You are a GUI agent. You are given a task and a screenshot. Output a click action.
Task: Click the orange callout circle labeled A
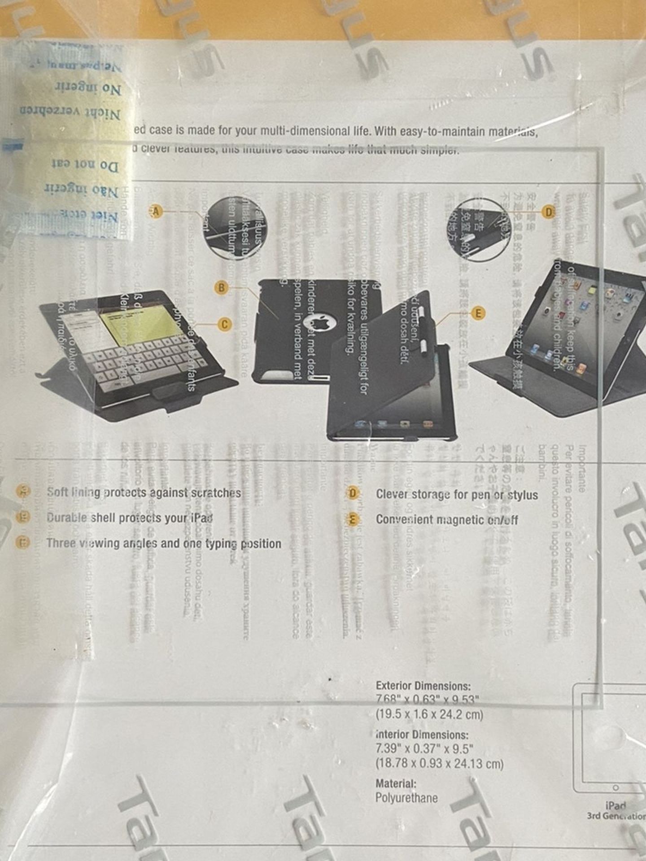tap(156, 211)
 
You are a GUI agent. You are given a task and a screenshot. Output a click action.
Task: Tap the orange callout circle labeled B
tap(221, 287)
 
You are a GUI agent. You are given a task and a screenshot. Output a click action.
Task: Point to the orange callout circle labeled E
tap(479, 313)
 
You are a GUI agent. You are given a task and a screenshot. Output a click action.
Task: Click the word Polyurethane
tap(406, 798)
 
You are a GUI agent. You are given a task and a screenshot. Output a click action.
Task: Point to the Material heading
tap(396, 783)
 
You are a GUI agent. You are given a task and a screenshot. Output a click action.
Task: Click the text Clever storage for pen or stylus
tap(457, 495)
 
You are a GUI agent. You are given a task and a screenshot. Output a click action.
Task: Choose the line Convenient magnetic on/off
tap(447, 520)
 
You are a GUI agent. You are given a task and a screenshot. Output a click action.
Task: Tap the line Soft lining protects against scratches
tap(144, 492)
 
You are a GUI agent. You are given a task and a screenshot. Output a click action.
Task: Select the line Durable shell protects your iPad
tap(130, 518)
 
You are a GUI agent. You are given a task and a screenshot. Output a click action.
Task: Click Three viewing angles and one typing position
tap(164, 544)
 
